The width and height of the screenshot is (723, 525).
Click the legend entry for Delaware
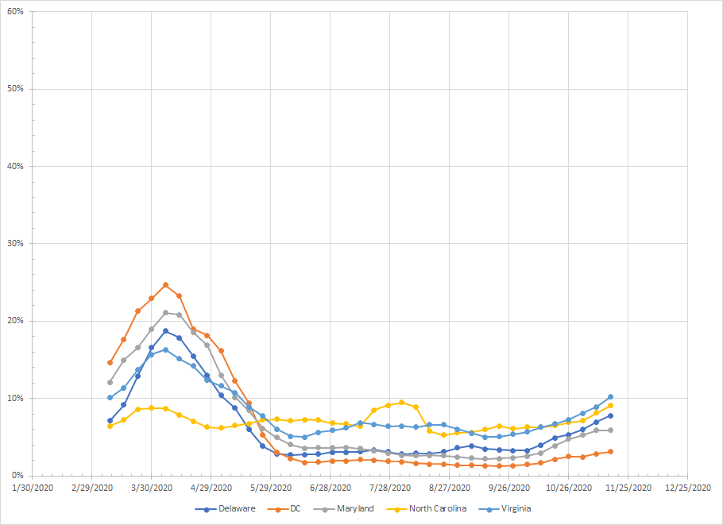pos(231,508)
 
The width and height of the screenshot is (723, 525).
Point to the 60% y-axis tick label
pos(14,12)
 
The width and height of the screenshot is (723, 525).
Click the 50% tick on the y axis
pos(14,89)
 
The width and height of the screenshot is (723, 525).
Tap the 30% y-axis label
pos(14,244)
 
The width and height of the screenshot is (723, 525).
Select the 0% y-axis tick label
pos(16,476)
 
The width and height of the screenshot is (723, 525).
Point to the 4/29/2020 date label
pos(211,488)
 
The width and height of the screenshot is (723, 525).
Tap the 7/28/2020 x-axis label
pos(390,488)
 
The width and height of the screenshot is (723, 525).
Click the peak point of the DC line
pos(165,284)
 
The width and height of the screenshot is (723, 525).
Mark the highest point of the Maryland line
pos(165,312)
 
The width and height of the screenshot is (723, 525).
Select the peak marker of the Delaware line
pos(165,331)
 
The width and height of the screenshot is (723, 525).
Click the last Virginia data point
pos(610,397)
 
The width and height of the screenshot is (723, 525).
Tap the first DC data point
pos(110,362)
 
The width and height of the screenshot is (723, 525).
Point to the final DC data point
pos(610,451)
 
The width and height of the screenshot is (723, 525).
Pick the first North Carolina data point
pos(110,426)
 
